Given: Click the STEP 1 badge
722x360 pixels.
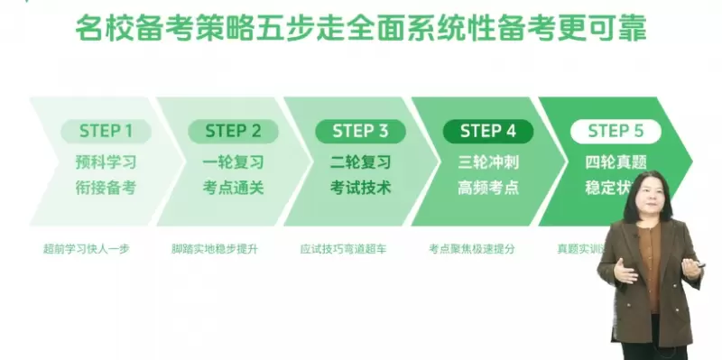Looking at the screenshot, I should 106,131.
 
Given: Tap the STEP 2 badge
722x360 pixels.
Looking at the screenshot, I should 233,131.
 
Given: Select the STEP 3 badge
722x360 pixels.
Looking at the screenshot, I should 360,131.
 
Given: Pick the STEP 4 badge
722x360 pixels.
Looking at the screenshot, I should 488,131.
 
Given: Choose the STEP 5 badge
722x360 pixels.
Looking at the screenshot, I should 616,131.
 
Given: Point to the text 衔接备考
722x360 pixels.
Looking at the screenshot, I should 106,189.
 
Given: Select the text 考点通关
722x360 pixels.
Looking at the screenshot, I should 233,189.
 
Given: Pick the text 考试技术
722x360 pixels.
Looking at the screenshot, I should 360,189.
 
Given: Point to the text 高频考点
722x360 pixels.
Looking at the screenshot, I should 488,189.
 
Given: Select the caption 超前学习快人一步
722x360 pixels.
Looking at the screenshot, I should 87,248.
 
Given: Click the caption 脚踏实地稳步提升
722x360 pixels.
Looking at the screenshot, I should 215,248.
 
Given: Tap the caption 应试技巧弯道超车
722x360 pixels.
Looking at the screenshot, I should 343,248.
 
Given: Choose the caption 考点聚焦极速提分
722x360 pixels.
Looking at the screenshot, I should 471,248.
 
